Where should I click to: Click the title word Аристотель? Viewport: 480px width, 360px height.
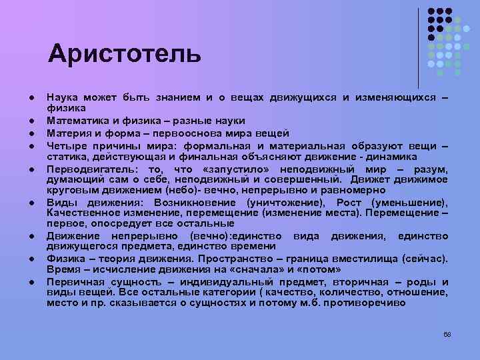(x=124, y=54)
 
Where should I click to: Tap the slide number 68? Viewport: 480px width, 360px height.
(x=447, y=333)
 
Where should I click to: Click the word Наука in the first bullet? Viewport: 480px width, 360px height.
(x=62, y=98)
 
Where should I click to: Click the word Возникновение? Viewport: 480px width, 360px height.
(x=197, y=202)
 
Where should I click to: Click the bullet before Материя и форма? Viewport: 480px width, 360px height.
(x=32, y=133)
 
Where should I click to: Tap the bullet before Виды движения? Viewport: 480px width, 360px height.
(x=32, y=203)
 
